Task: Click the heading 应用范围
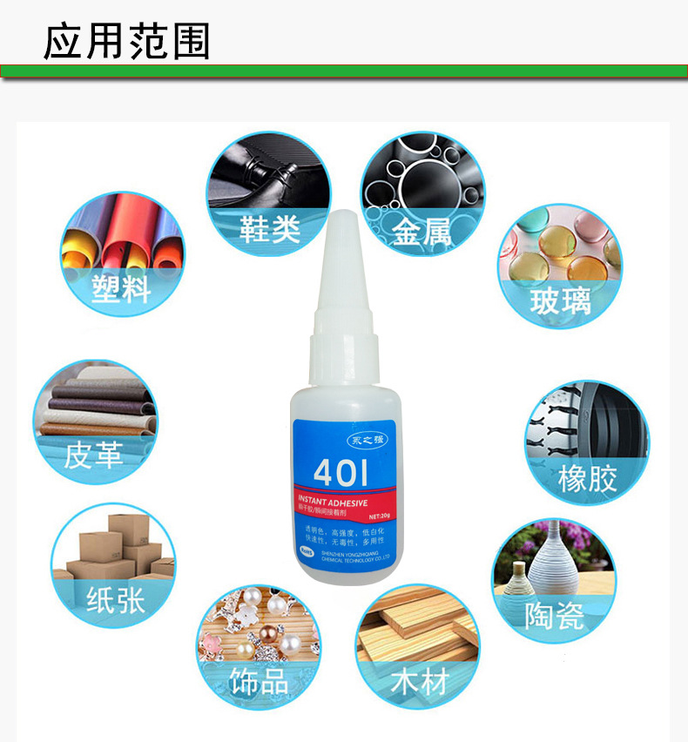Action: point(127,41)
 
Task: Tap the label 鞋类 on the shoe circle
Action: point(270,228)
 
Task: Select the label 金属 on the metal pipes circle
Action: point(422,233)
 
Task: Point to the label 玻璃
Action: point(560,300)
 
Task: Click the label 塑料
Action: point(121,288)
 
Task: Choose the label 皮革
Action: point(93,454)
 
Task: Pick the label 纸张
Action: point(114,600)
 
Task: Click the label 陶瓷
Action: point(556,616)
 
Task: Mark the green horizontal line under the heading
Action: point(344,71)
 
